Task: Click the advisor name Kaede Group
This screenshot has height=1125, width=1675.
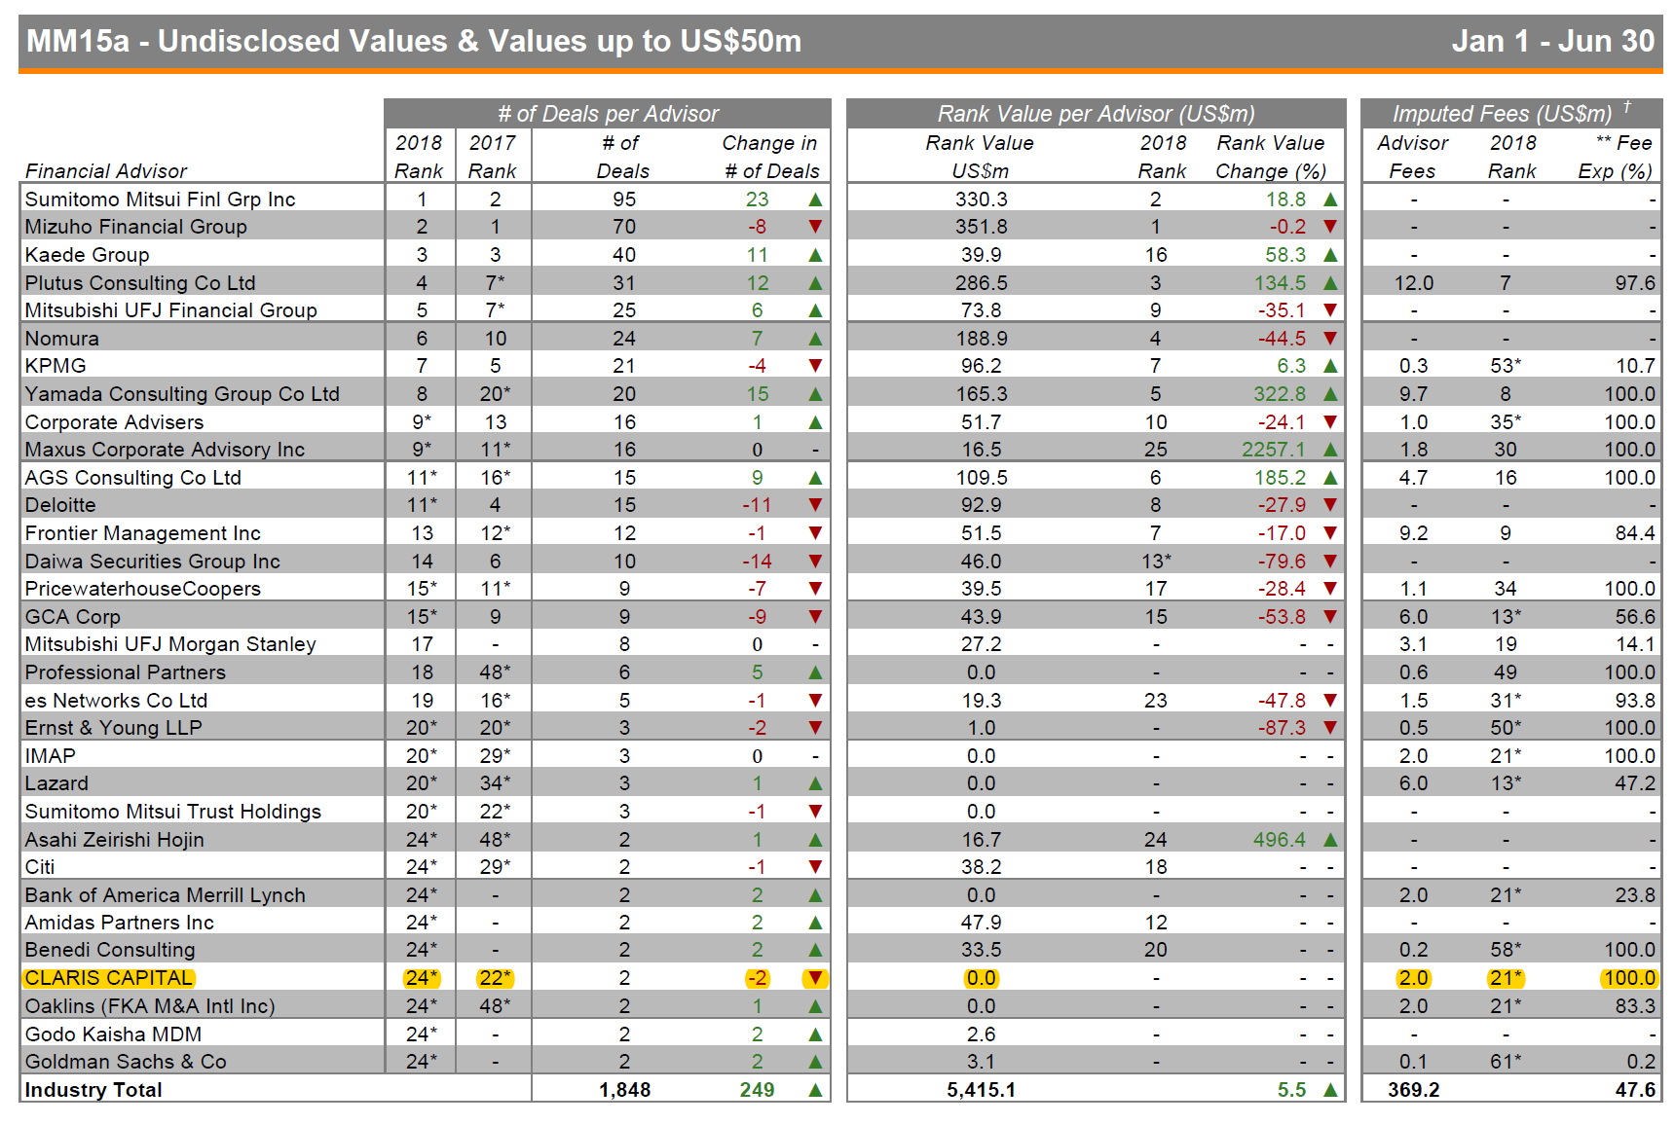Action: tap(87, 255)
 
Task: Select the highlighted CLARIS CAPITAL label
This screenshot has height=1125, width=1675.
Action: tap(109, 978)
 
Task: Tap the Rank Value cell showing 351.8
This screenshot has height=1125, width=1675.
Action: tap(981, 227)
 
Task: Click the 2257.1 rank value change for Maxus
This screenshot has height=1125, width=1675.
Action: tap(1273, 450)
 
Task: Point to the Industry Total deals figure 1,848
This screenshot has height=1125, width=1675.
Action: tap(624, 1090)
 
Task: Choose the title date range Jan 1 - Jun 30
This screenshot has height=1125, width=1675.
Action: tap(1552, 41)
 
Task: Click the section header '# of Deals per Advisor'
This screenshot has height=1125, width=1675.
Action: tap(608, 114)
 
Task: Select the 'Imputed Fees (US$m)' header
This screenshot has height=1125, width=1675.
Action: tap(1502, 114)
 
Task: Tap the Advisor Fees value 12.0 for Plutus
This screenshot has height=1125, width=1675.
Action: tap(1413, 283)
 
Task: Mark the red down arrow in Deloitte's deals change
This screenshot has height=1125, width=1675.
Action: tap(815, 505)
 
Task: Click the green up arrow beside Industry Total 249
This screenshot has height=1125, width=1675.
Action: tap(815, 1090)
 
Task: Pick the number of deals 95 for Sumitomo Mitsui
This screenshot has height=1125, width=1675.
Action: tap(624, 200)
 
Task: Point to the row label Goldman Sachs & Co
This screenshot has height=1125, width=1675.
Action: tap(126, 1062)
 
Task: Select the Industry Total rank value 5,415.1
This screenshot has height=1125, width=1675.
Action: tap(981, 1090)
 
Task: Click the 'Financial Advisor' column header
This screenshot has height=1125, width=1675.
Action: tap(106, 171)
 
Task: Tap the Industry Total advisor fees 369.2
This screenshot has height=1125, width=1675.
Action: tap(1413, 1090)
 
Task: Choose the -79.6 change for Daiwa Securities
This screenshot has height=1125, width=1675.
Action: tap(1281, 562)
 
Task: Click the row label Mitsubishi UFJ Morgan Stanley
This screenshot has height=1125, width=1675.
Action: tap(170, 644)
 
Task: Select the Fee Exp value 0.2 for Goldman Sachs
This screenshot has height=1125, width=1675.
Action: tap(1640, 1062)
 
